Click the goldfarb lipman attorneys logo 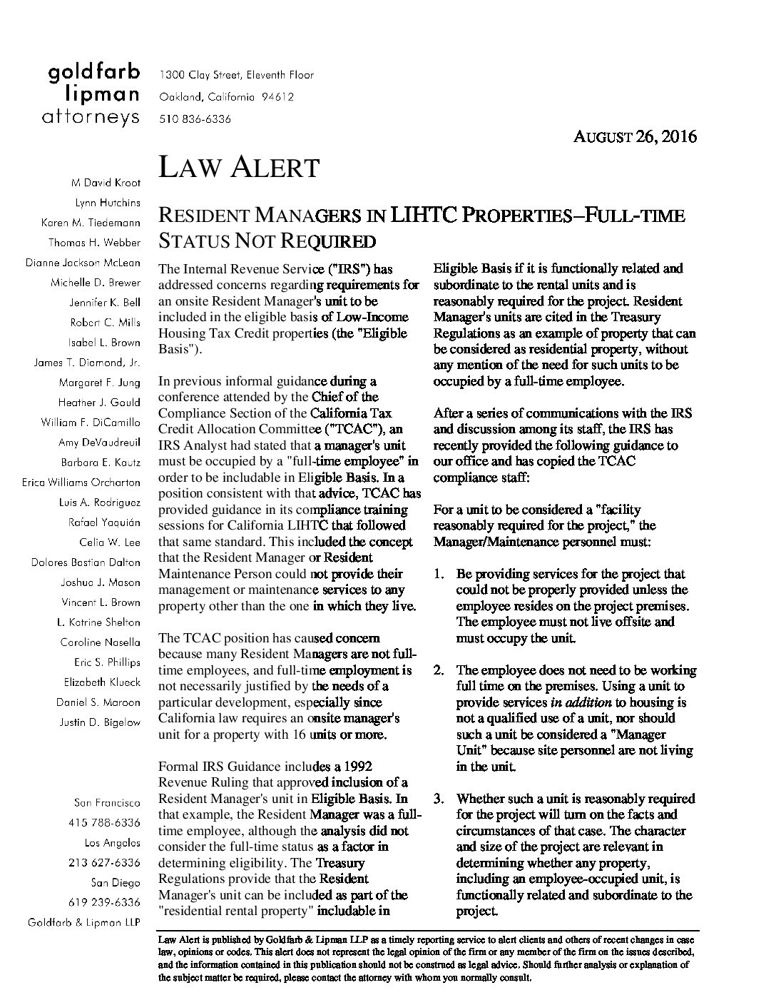click(x=93, y=94)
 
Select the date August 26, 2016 click(x=635, y=136)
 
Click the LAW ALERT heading click(x=238, y=168)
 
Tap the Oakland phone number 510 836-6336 click(x=195, y=119)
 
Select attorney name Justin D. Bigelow click(x=100, y=722)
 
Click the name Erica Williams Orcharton click(x=81, y=483)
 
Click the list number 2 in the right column click(x=439, y=670)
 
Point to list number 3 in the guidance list click(x=439, y=799)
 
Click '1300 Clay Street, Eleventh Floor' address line click(x=236, y=75)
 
